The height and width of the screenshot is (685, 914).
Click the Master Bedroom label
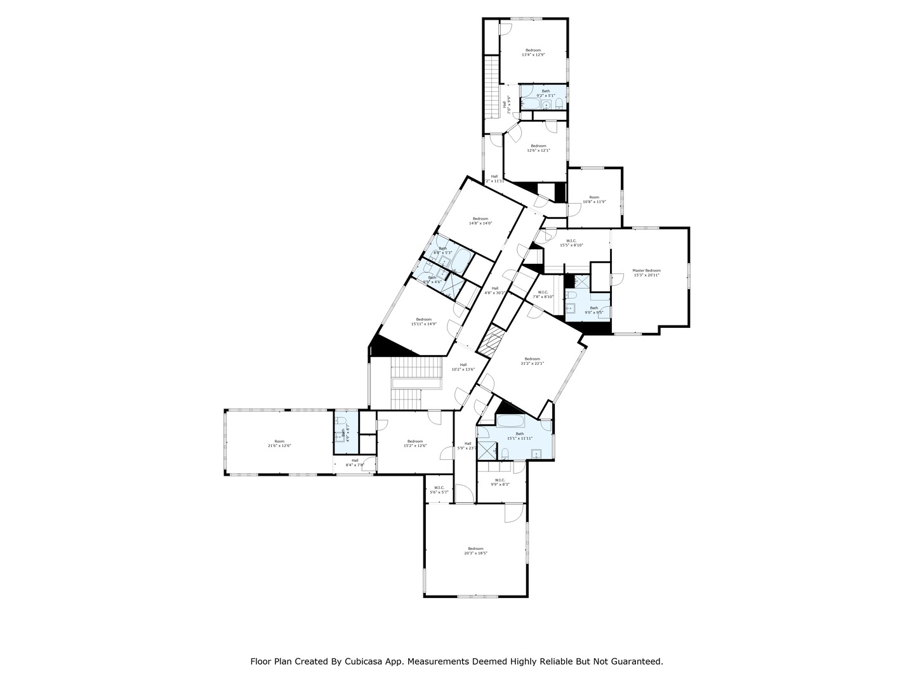click(x=646, y=273)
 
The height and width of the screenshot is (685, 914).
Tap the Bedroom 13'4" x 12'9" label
click(x=533, y=53)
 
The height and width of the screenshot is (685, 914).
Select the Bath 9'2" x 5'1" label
click(x=546, y=93)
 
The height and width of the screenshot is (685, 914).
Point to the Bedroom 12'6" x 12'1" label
click(x=538, y=148)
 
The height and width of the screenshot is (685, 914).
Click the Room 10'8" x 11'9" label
click(x=594, y=200)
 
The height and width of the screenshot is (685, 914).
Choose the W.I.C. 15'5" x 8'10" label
click(x=571, y=243)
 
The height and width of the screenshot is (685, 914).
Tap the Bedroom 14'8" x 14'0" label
click(x=480, y=221)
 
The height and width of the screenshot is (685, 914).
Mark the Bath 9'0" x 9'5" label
click(x=593, y=310)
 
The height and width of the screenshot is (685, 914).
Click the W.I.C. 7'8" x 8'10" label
click(x=543, y=294)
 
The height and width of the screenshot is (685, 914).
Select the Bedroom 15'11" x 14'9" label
click(x=423, y=322)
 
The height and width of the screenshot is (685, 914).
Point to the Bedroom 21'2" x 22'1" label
click(x=532, y=361)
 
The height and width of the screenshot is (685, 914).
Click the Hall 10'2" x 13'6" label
click(x=463, y=367)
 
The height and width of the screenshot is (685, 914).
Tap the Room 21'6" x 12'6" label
click(x=279, y=443)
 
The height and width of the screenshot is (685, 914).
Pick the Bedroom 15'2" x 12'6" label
click(x=415, y=443)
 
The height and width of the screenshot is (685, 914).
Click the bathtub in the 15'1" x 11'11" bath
click(x=510, y=422)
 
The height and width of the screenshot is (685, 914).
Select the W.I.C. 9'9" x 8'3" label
click(x=500, y=482)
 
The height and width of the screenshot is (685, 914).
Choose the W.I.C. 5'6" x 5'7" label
click(x=439, y=490)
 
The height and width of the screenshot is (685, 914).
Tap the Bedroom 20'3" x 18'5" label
click(x=475, y=551)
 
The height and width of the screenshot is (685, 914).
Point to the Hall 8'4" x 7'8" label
click(x=355, y=462)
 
